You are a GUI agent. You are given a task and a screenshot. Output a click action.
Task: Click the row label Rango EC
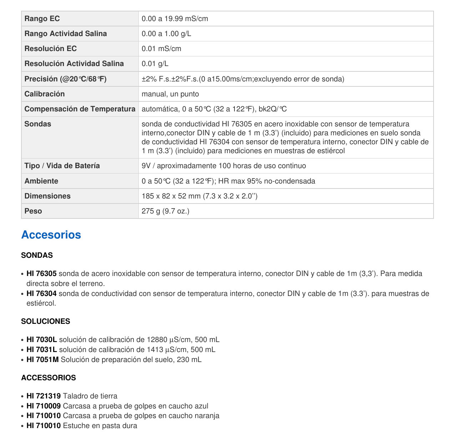pos(42,19)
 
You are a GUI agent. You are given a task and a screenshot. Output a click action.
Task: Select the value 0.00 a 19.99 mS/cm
pos(175,19)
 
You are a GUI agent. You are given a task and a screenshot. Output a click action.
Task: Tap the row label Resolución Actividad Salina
pos(74,64)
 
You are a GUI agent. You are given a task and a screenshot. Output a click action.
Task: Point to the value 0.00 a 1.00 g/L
pos(166,34)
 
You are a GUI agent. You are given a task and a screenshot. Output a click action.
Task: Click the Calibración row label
pos(45,94)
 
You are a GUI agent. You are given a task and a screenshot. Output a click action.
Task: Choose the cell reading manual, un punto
pos(170,94)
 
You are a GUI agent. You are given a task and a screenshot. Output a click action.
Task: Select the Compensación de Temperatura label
pos(80,109)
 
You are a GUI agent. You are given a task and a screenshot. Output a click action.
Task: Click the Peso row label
pos(33,211)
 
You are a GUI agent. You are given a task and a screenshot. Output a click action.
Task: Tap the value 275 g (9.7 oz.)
pos(165,211)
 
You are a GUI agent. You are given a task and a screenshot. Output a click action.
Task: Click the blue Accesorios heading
pos(51,235)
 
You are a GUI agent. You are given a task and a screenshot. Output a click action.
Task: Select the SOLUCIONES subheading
pos(45,321)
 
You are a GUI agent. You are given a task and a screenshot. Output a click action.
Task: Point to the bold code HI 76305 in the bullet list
pos(41,273)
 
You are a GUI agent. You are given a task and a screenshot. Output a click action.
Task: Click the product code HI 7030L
pos(42,340)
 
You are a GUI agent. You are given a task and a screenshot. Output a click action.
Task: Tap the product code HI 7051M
pos(42,360)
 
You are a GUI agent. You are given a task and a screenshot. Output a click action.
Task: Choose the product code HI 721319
pos(44,396)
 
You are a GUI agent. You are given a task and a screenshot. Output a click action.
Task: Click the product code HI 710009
pos(44,406)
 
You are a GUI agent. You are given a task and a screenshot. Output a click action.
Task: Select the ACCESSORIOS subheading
pos(49,378)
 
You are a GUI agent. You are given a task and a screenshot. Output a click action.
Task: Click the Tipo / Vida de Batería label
pos(62,166)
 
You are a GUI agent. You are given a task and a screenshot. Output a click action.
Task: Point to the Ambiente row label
pos(41,181)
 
